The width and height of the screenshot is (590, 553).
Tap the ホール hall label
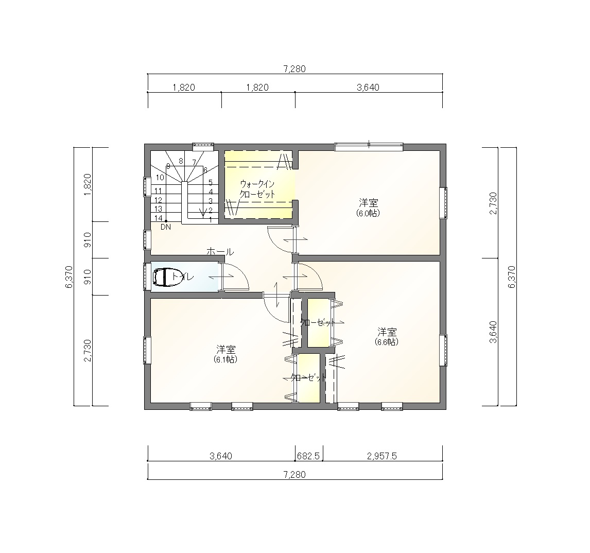[x=220, y=251]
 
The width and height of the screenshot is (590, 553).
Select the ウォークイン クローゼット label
[x=257, y=189]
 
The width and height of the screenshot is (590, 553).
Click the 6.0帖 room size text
[x=369, y=213]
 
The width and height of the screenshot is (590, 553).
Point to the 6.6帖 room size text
[x=387, y=342]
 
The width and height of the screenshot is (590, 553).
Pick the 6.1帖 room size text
[x=226, y=359]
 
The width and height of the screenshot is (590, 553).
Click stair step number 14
[x=159, y=218]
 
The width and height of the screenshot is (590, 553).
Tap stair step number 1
[x=211, y=219]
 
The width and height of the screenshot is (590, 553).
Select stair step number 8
[x=181, y=161]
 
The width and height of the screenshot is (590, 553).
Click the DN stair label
[x=166, y=227]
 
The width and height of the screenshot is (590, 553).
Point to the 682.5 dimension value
[x=308, y=456]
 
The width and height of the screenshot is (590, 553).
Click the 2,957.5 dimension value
[x=382, y=456]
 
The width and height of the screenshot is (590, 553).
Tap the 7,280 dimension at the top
[x=294, y=69]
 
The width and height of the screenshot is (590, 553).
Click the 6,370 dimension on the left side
[x=69, y=277]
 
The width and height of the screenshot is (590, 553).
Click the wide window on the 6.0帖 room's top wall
[x=369, y=146]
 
